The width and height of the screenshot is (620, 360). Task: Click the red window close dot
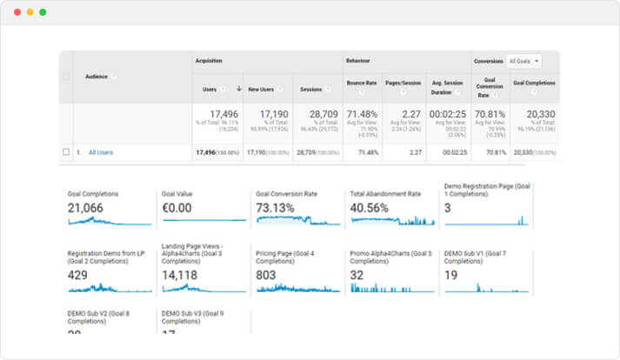pyautogui.click(x=16, y=12)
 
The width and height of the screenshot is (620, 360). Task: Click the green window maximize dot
pyautogui.click(x=43, y=12)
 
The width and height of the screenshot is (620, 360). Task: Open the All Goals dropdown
pyautogui.click(x=524, y=61)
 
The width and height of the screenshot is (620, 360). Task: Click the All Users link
pyautogui.click(x=101, y=152)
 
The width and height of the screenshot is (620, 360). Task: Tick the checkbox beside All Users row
pyautogui.click(x=66, y=152)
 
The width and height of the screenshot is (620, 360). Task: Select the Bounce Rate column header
pyautogui.click(x=361, y=83)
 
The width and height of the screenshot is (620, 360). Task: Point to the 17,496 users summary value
pyautogui.click(x=218, y=114)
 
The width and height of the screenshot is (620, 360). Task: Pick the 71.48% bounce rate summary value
pyautogui.click(x=362, y=114)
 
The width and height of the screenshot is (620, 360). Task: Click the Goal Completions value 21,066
pyautogui.click(x=92, y=209)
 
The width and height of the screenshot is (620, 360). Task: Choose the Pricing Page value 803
pyautogui.click(x=267, y=275)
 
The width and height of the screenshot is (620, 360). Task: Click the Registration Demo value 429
pyautogui.click(x=78, y=275)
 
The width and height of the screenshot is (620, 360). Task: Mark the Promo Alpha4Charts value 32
pyautogui.click(x=357, y=275)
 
